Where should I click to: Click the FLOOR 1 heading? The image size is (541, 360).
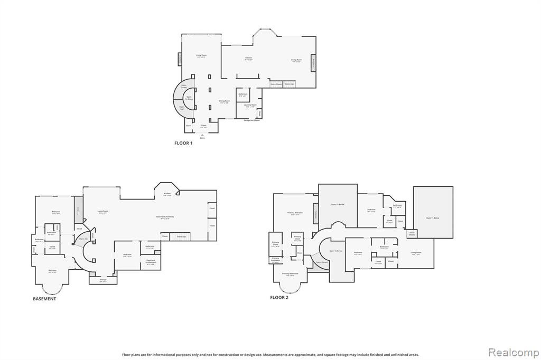tap(183, 143)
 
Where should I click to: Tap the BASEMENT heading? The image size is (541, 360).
tap(44, 299)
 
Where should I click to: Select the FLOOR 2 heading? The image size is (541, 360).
tap(279, 298)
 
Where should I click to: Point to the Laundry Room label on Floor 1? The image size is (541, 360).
tap(250, 106)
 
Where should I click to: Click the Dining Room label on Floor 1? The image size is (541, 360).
tap(224, 101)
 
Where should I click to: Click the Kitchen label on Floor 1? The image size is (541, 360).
tap(248, 59)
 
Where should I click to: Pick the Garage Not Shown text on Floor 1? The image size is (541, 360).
tap(251, 120)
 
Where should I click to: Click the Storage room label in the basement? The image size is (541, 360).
tap(103, 280)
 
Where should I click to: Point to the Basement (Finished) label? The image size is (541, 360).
tap(165, 217)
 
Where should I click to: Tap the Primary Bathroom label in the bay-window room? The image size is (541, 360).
tap(290, 274)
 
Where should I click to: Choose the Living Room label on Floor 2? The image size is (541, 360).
tap(416, 253)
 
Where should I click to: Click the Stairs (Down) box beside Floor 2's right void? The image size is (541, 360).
tap(412, 233)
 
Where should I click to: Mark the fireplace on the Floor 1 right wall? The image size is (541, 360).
tap(313, 62)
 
